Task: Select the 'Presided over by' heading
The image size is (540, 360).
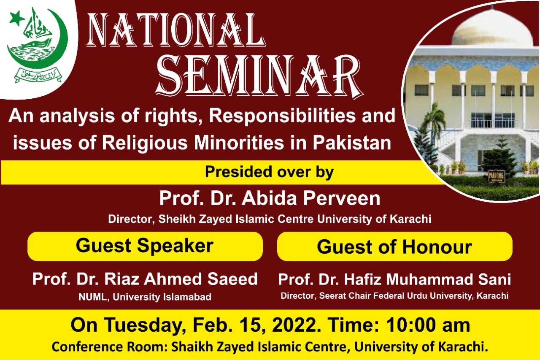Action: tap(269, 172)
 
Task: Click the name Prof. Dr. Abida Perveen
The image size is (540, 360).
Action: tap(270, 198)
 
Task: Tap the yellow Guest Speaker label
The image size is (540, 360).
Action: tap(145, 246)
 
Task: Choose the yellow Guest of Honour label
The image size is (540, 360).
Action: tap(394, 247)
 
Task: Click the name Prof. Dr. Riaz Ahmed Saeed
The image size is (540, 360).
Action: tap(145, 279)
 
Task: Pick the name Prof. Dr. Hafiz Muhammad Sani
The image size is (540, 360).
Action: tap(394, 279)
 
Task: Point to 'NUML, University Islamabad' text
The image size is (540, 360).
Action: tap(145, 297)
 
